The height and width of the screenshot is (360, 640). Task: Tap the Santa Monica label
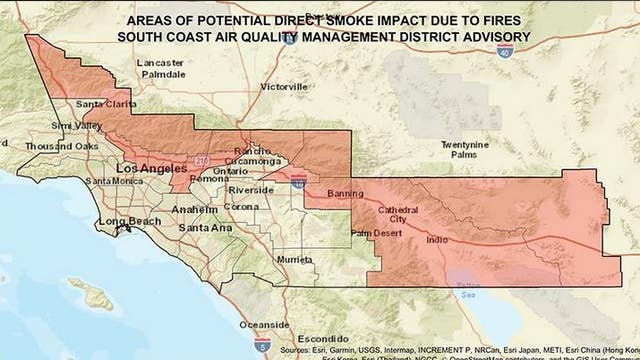click(x=116, y=181)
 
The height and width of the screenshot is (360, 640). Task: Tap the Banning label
click(x=347, y=193)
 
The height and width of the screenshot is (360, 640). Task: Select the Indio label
click(x=436, y=240)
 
